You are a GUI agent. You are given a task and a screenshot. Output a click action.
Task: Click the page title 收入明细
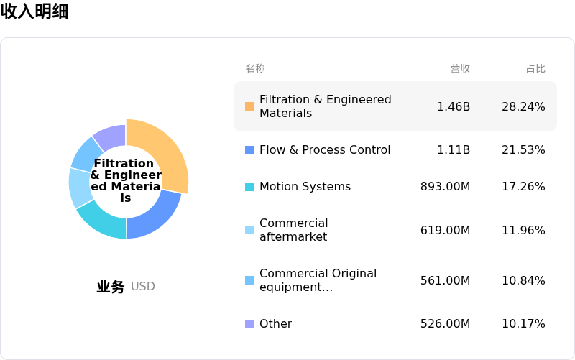tap(34, 12)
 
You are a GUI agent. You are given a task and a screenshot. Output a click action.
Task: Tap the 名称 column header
tap(255, 68)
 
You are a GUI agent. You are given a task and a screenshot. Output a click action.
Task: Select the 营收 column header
tap(460, 68)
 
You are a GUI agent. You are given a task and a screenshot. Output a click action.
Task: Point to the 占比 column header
tap(535, 68)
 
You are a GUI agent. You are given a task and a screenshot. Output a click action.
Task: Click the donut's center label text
tap(126, 180)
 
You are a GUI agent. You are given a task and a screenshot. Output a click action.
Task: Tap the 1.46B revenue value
tap(454, 106)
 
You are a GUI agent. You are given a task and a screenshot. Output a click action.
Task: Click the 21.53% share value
tap(523, 149)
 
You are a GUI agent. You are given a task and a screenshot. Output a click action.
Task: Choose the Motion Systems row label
tap(305, 187)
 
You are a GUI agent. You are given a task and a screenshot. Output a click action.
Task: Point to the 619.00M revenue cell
tap(445, 230)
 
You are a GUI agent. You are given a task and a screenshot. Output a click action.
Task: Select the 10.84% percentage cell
tap(523, 280)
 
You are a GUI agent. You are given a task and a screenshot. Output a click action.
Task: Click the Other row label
tap(275, 323)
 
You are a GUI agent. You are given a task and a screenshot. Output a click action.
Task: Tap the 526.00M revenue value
tap(445, 323)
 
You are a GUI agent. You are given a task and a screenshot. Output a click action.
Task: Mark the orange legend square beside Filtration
tap(249, 106)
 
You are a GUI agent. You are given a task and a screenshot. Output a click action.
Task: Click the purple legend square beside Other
tap(249, 324)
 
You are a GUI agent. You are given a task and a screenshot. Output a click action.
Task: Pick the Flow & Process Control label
tap(325, 149)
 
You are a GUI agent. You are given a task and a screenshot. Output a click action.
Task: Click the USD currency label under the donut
tap(143, 286)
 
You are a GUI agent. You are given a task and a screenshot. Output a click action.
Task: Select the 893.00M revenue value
tap(445, 187)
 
